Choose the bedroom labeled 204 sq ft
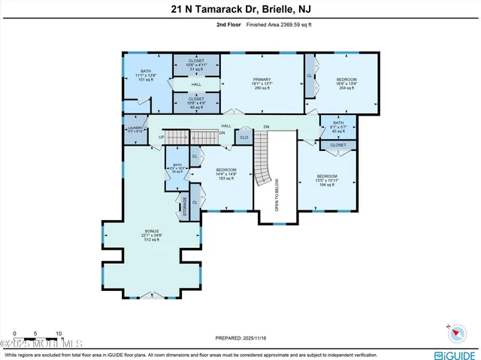point(346,83)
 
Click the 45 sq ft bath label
point(338,127)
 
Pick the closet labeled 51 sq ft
point(196,64)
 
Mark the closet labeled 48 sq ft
point(196,101)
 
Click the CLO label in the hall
point(244,138)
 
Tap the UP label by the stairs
point(161,138)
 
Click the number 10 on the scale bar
point(58,334)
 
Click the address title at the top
point(240,10)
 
